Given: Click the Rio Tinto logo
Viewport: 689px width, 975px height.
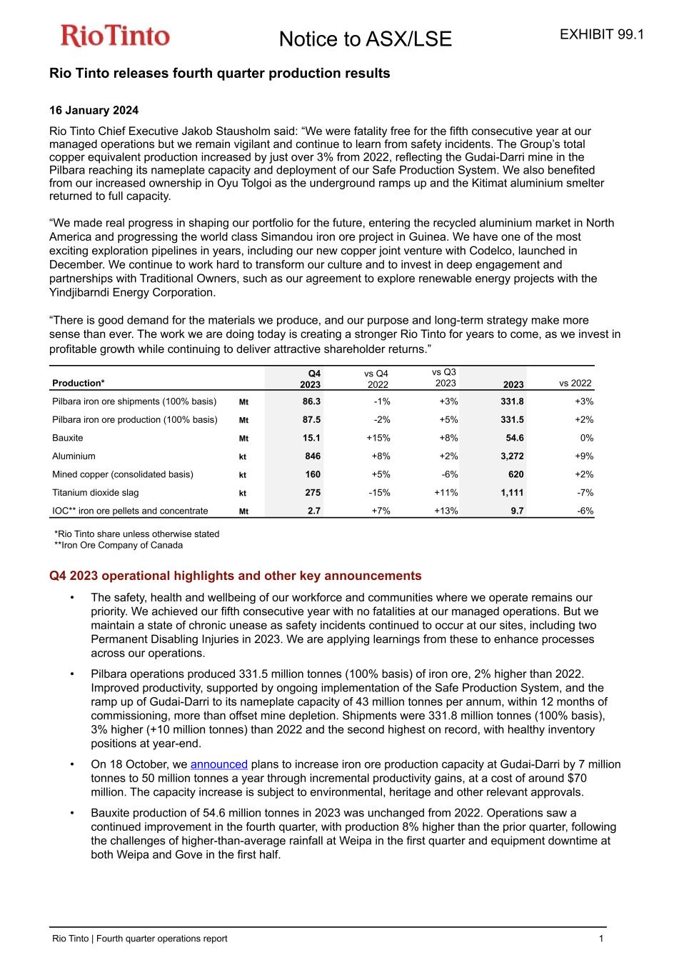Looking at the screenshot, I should pos(115,36).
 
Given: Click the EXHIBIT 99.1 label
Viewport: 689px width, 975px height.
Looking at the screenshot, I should pos(602,34).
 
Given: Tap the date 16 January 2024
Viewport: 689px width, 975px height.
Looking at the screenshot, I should pos(94,110).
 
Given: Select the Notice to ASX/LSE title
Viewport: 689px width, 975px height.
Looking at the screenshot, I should pos(365,39).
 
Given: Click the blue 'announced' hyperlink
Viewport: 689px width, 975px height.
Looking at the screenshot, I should pos(218,764).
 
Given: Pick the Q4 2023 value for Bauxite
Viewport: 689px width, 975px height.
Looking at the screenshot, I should pos(311,438).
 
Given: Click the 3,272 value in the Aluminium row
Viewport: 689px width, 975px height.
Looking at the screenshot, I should pos(512,456).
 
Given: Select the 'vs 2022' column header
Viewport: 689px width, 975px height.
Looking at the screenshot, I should pos(575,383).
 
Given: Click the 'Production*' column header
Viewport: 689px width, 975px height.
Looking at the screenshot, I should pos(79,383).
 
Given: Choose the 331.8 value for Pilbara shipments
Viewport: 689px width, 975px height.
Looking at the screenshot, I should pos(512,401).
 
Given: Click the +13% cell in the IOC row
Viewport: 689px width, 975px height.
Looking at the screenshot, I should pos(446,511).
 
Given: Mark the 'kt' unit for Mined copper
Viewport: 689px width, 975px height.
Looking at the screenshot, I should pos(243,475).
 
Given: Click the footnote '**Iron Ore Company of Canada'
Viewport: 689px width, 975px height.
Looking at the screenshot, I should pos(119,545).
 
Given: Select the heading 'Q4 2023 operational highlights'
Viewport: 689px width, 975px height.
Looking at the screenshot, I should pos(235,576).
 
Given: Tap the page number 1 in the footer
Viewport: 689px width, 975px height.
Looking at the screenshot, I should pos(601,939).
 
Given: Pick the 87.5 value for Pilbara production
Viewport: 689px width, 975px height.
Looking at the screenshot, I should pos(311,419).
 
